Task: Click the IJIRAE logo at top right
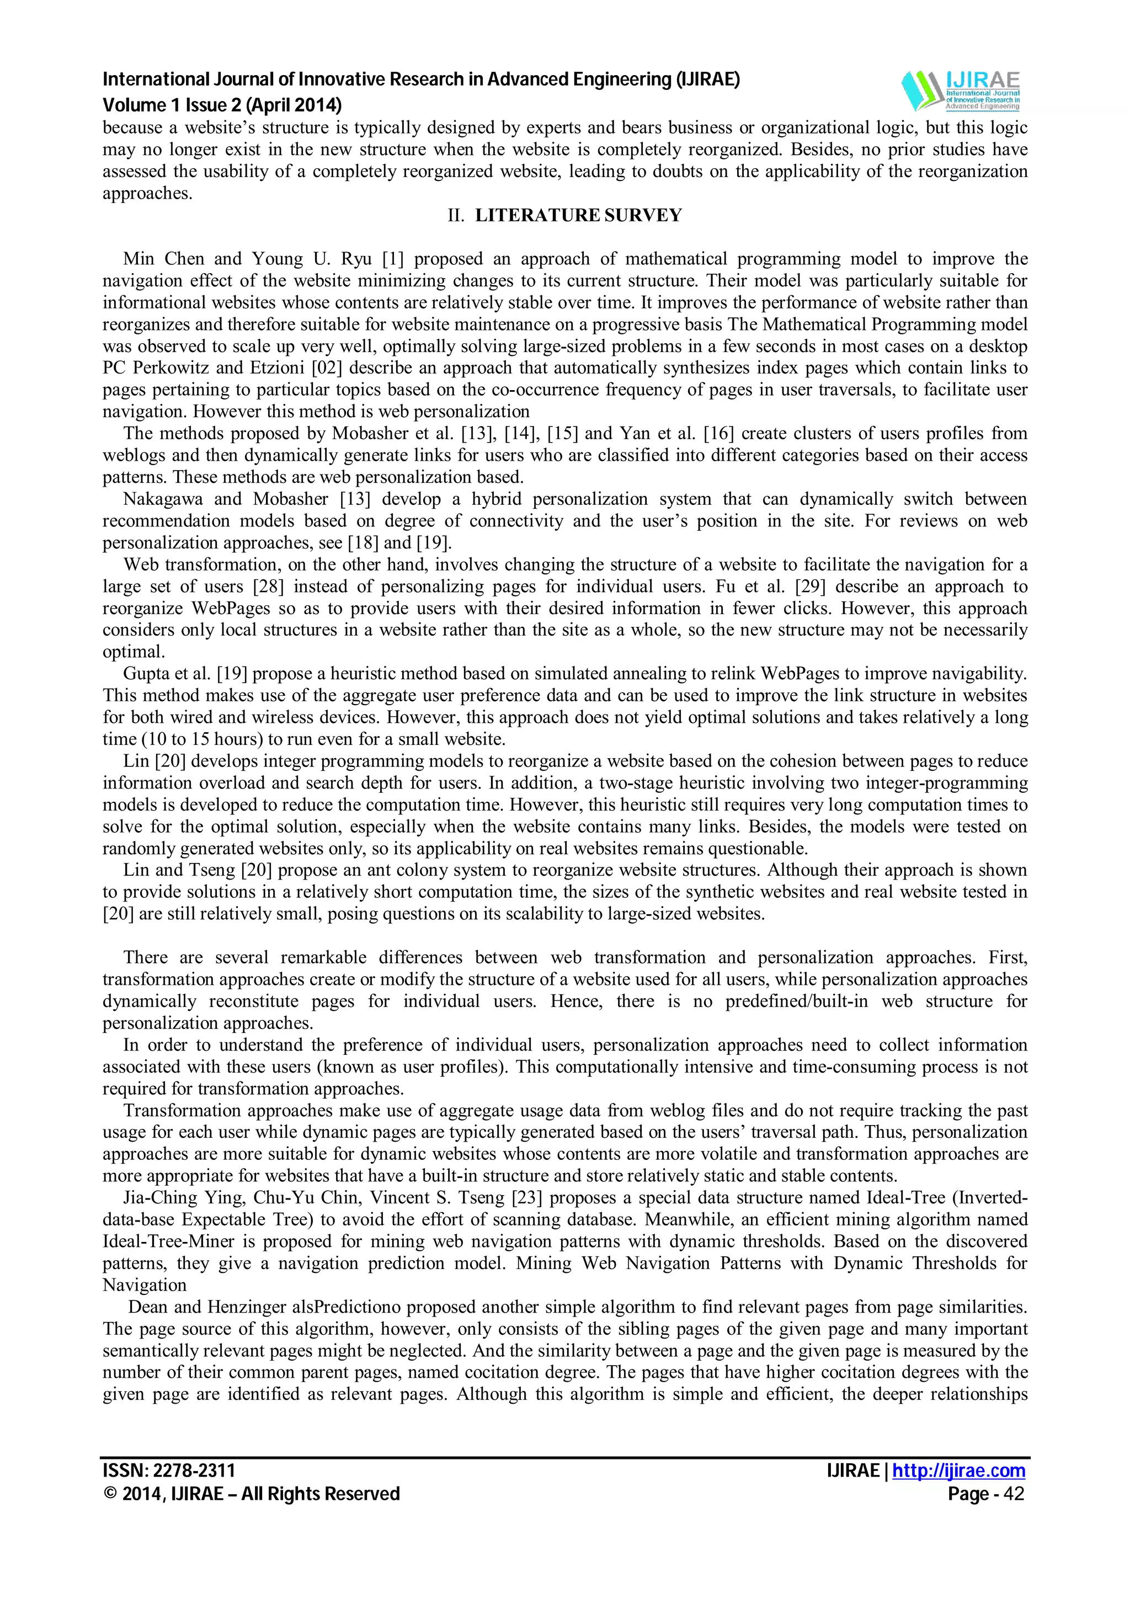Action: pyautogui.click(x=960, y=90)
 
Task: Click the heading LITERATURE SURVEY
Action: pyautogui.click(x=578, y=215)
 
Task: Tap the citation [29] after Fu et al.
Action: pyautogui.click(x=829, y=587)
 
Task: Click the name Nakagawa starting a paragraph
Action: pyautogui.click(x=164, y=499)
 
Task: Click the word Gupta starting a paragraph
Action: pyautogui.click(x=145, y=674)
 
